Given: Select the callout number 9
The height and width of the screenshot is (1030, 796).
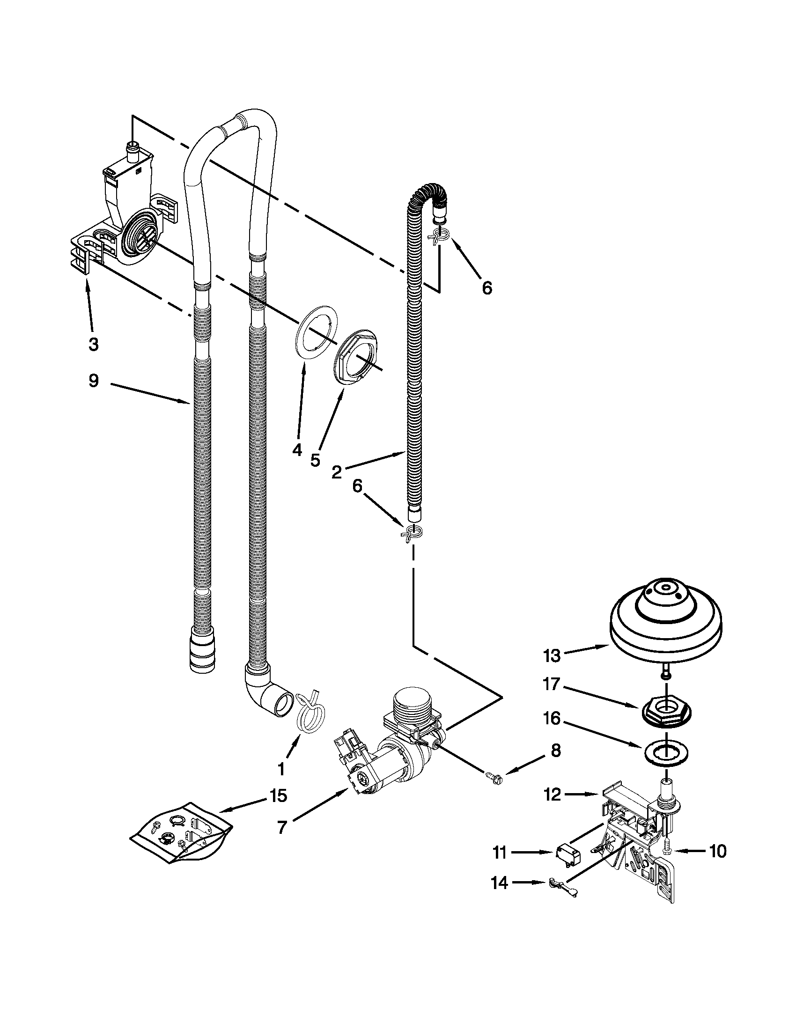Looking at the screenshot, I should tap(93, 381).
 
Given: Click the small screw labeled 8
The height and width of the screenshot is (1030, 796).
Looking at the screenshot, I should tap(494, 778).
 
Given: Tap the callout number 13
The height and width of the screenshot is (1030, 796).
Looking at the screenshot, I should tap(551, 655).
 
